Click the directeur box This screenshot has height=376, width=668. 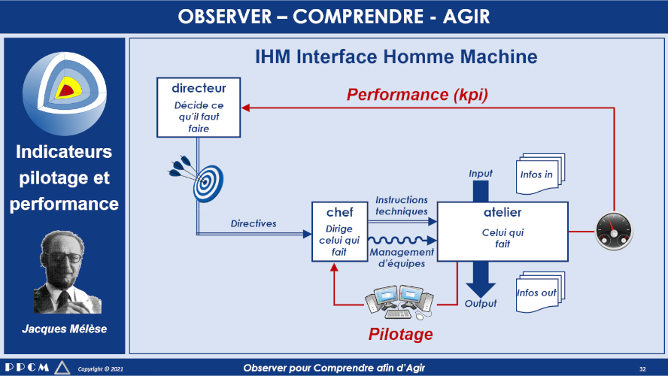pos(199,108)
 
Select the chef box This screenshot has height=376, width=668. pos(339,232)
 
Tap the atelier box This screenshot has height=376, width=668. pos(503,232)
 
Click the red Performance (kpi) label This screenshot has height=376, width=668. pos(417,94)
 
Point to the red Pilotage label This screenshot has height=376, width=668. pos(400,334)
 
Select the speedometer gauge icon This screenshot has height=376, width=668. pos(614,232)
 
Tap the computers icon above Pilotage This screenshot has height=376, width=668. pos(399,302)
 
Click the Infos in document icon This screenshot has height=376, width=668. pos(540,174)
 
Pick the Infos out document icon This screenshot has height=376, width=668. pos(540,292)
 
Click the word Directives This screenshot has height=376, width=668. pos(254,223)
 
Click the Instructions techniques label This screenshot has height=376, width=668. pos(401,205)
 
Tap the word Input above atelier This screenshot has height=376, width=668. pos(481,173)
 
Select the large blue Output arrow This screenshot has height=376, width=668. pos(481,279)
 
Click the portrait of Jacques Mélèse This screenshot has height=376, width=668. pos(67,272)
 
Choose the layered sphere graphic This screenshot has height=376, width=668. pos(65,94)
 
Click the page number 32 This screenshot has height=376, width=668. pos(642,368)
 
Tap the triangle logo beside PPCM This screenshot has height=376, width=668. pos(62,368)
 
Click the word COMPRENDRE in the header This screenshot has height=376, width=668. pos(358,17)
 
